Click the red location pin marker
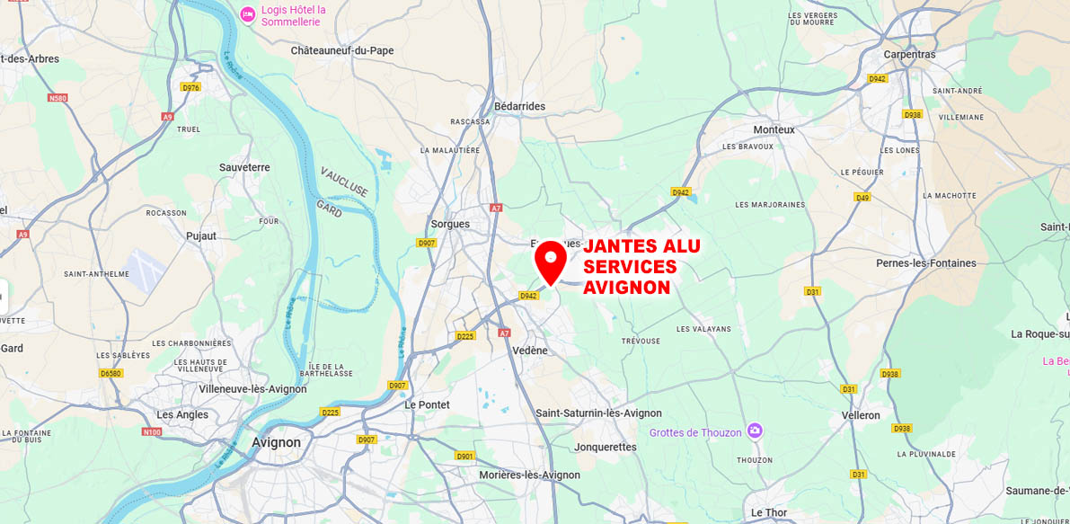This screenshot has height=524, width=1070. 550,261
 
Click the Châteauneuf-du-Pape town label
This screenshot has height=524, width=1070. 342,51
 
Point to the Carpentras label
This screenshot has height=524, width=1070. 908,55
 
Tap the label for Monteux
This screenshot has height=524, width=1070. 774,129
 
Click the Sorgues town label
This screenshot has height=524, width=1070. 450,224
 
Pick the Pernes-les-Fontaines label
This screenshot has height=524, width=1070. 925,263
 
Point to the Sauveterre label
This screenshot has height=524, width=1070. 244,167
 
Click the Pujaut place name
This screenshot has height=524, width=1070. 201,235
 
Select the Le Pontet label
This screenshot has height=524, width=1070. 427,404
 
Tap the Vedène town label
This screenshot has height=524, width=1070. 528,351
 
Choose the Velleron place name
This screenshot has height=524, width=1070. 860,415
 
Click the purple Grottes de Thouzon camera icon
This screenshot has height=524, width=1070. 755,432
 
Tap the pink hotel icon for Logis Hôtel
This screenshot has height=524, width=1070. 248,13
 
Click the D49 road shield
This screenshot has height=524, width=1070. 862,197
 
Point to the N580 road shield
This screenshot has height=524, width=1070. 58,98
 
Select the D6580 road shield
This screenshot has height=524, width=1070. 111,373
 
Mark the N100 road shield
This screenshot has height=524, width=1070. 152,432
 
